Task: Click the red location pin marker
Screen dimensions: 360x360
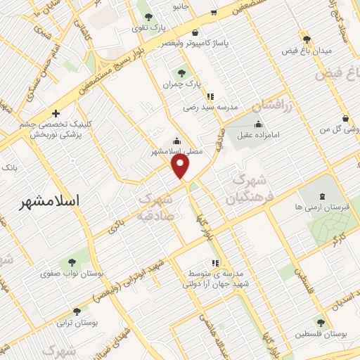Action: [181, 165]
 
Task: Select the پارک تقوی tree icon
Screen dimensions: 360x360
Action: [147, 15]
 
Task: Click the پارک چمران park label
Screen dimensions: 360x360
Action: [178, 84]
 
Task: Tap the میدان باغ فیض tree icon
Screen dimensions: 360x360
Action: [305, 39]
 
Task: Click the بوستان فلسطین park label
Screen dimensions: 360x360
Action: [321, 333]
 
